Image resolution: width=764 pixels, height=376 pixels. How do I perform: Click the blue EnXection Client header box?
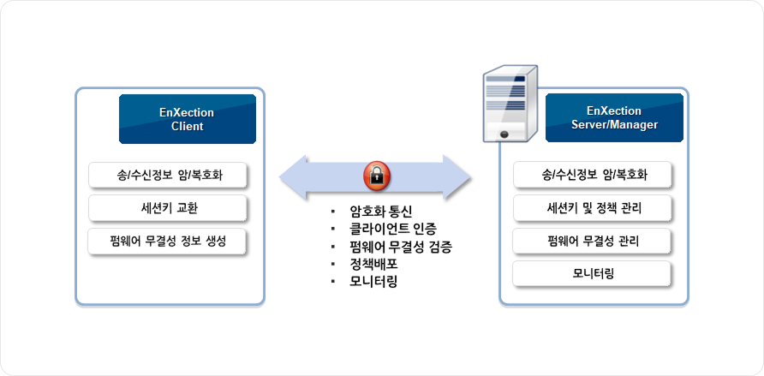187,119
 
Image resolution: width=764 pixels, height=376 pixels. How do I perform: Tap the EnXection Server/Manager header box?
614,118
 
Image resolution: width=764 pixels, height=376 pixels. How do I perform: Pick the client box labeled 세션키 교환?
168,208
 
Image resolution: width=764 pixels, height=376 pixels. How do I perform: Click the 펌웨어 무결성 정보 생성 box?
168,241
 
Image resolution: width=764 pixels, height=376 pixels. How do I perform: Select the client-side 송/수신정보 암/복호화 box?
168,176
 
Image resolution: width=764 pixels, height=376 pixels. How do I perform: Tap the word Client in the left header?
187,127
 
